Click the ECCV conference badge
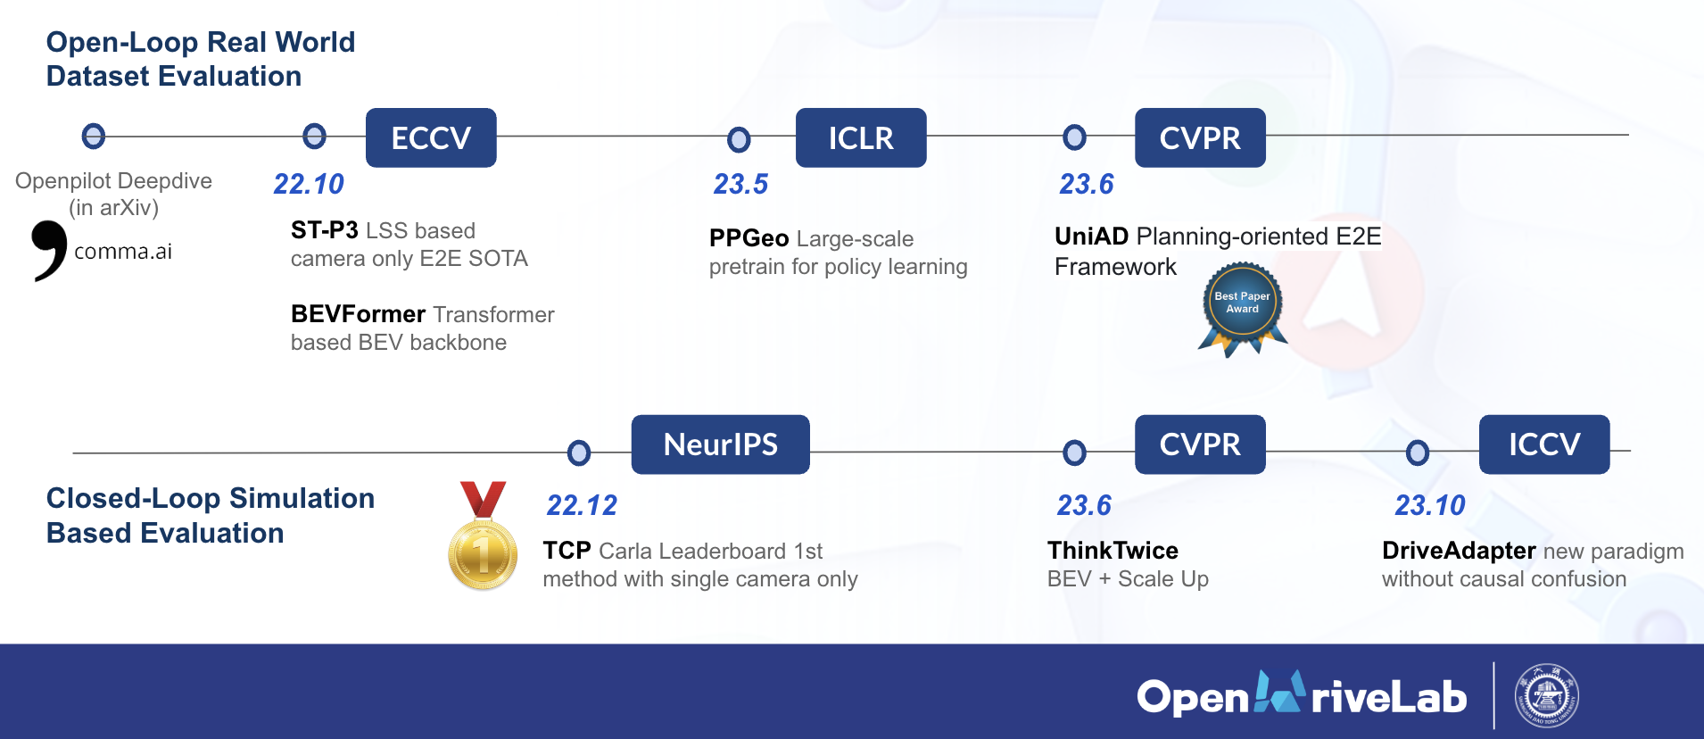tap(431, 137)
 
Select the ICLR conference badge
tap(860, 137)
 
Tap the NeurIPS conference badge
tap(720, 444)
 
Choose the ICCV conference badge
tap(1543, 444)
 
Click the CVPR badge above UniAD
tap(1199, 137)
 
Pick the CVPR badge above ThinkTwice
tap(1199, 444)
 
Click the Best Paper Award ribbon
tap(1242, 307)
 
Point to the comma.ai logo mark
tap(49, 250)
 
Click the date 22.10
tap(308, 184)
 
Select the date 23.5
tap(740, 184)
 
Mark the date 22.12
tap(581, 505)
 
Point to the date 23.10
tap(1429, 505)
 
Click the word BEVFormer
tap(358, 314)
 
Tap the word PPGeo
tap(749, 238)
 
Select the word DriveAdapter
tap(1458, 551)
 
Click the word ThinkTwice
tap(1113, 551)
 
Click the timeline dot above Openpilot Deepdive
tap(93, 137)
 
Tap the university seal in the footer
tap(1546, 696)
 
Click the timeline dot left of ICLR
tap(739, 139)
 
